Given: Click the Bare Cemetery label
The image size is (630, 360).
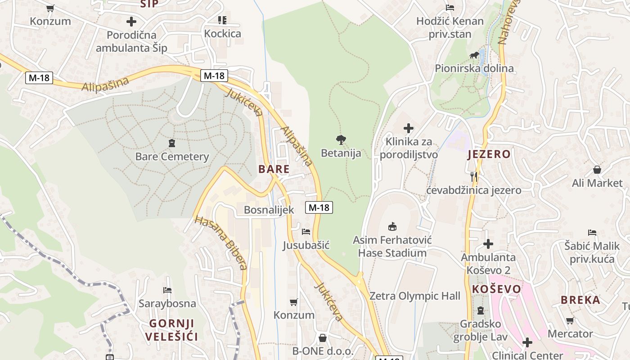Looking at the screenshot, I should tap(172, 157).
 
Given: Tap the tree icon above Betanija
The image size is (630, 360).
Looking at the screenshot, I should tap(341, 140).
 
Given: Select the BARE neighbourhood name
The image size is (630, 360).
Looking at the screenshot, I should tap(274, 169).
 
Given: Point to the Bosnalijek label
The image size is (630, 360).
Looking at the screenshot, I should tap(269, 210).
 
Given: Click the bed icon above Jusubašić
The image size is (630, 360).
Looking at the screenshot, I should tap(306, 232).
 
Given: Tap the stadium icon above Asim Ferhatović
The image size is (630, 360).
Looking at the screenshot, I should tap(392, 226).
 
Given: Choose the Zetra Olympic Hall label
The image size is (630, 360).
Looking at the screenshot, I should tap(415, 296).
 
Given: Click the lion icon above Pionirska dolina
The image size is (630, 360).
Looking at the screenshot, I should tap(474, 55).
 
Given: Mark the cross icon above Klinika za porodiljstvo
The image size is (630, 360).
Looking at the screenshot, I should tap(408, 129).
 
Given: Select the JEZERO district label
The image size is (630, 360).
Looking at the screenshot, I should tap(489, 154).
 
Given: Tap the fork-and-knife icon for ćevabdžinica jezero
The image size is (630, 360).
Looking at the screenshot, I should tap(474, 176).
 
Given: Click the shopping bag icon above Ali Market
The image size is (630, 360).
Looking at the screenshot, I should tap(597, 170).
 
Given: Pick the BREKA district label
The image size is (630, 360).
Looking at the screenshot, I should tap(580, 300).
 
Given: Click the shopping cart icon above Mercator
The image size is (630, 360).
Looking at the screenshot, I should tap(570, 320).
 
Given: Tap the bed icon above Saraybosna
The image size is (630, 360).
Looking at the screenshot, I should tap(167, 290).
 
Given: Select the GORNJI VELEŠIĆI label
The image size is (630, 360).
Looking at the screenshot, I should tap(171, 330).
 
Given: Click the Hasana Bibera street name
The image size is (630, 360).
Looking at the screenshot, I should tap(221, 243).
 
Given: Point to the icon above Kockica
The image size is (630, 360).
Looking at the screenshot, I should tap(222, 20).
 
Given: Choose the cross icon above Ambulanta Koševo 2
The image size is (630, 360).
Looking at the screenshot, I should tap(488, 244).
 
